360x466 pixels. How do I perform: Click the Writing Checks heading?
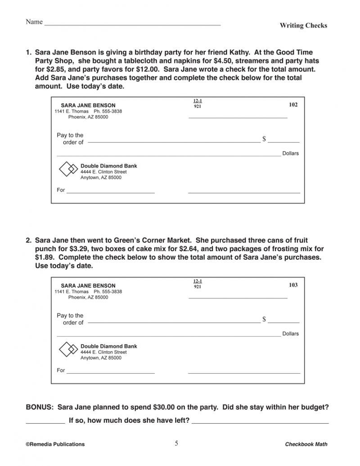click(x=303, y=25)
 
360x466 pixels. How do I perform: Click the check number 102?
click(x=293, y=104)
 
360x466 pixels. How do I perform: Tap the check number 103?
click(x=293, y=285)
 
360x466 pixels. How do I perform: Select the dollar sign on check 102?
click(x=264, y=139)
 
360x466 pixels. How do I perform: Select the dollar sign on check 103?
click(x=264, y=319)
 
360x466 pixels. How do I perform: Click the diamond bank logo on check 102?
click(x=68, y=169)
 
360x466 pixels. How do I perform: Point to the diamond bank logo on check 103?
click(x=68, y=350)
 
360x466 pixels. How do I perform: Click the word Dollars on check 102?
click(x=290, y=154)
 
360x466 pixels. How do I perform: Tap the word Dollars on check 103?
click(x=290, y=334)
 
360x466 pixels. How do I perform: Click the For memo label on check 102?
click(x=61, y=190)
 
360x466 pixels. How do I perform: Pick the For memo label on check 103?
click(x=61, y=371)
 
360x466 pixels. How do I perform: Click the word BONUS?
click(x=40, y=407)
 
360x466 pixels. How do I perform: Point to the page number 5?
click(x=176, y=443)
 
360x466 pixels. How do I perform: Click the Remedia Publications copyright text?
click(x=55, y=444)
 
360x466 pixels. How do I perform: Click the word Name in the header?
click(x=34, y=22)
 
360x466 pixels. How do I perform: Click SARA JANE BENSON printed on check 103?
click(x=88, y=285)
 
